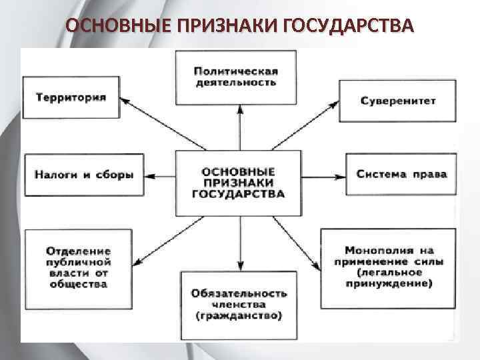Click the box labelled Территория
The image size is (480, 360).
tap(71, 97)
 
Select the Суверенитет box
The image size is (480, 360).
tap(398, 101)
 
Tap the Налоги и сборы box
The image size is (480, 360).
tap(85, 175)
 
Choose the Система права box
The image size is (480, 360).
tap(401, 175)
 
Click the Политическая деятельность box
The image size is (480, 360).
tap(236, 77)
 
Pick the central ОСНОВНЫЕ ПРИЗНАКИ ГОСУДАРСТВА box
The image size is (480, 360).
tap(238, 183)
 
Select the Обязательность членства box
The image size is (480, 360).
tap(239, 303)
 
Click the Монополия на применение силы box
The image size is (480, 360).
tap(388, 267)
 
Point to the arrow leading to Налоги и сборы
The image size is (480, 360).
tap(160, 176)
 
